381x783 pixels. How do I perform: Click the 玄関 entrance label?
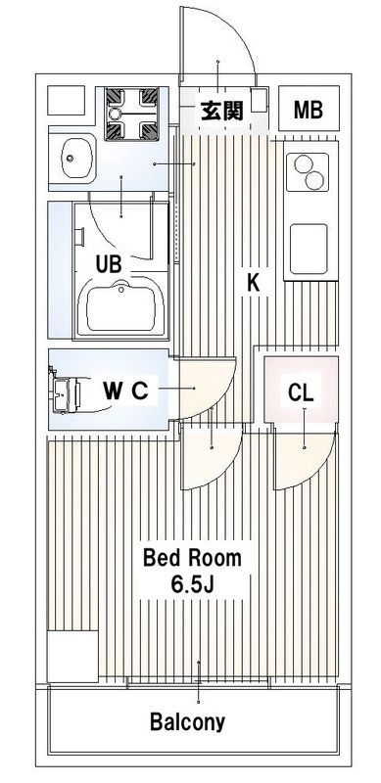[x=222, y=111]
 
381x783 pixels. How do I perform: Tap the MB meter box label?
[x=308, y=110]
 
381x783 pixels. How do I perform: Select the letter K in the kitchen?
[x=254, y=283]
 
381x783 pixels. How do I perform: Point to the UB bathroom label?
[x=109, y=264]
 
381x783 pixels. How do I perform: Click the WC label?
[x=126, y=391]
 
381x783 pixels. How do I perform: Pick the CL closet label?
[x=301, y=393]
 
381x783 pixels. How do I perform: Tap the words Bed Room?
[x=192, y=558]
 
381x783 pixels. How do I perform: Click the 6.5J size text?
[x=193, y=584]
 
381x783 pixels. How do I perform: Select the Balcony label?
[x=188, y=722]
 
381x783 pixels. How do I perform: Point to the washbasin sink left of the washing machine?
[x=77, y=158]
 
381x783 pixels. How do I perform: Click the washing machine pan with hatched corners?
[x=131, y=114]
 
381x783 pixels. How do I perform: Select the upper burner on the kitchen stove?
[x=302, y=163]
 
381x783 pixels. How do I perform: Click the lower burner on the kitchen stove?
[x=315, y=181]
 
